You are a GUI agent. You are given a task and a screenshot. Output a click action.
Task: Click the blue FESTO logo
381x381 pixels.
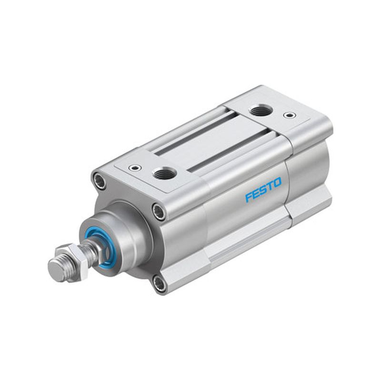(x=263, y=190)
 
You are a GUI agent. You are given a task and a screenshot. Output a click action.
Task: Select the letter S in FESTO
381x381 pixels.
(x=263, y=189)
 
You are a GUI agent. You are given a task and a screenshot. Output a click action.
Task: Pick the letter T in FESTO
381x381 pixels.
(x=270, y=185)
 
